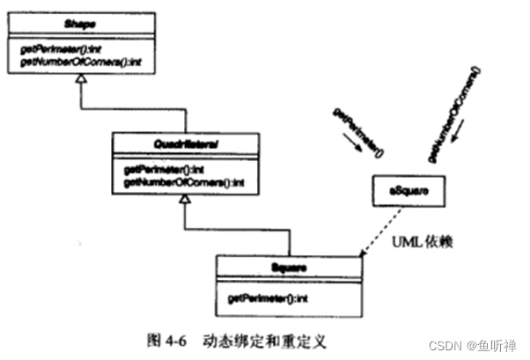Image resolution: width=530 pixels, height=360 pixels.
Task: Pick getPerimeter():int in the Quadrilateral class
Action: (166, 168)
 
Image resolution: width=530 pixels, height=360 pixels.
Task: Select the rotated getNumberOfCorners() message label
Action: (457, 114)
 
